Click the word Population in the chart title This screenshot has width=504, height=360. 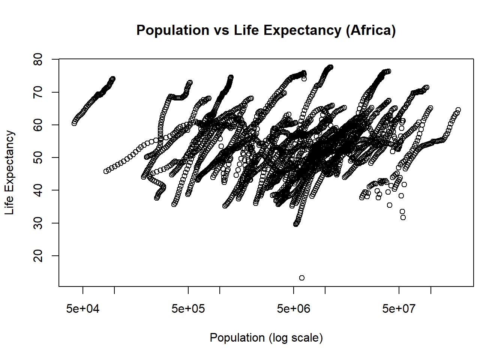click(173, 30)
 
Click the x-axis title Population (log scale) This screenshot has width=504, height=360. click(266, 337)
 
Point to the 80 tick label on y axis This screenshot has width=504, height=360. click(38, 59)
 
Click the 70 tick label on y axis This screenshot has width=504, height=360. click(38, 92)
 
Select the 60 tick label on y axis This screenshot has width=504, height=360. click(38, 125)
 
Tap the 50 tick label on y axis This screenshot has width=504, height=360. click(38, 157)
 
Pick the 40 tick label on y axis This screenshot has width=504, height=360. click(38, 190)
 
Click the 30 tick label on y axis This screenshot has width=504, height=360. click(38, 223)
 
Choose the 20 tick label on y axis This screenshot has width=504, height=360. click(38, 256)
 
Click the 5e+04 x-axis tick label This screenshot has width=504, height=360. click(83, 309)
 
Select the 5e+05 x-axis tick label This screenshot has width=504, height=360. click(188, 309)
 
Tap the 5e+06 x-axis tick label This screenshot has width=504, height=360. click(294, 309)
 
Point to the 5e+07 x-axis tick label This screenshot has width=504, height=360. click(399, 309)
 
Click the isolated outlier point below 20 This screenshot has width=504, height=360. click(302, 278)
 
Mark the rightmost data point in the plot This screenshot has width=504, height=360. click(458, 110)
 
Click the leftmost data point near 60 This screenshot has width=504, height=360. click(74, 123)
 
